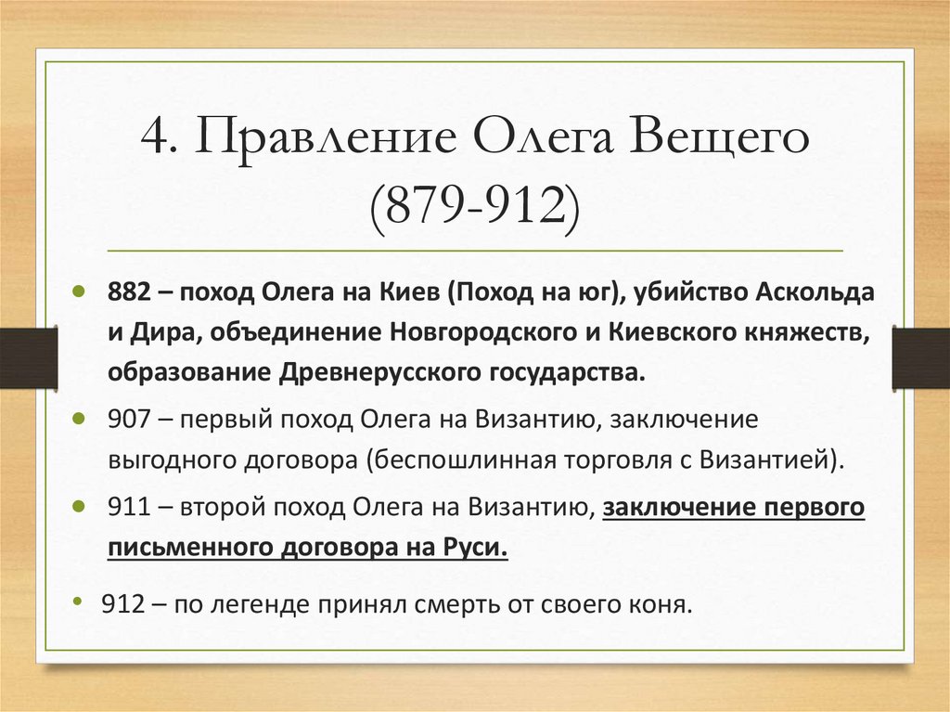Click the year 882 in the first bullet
128,292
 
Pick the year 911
127,508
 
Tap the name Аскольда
817,292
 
